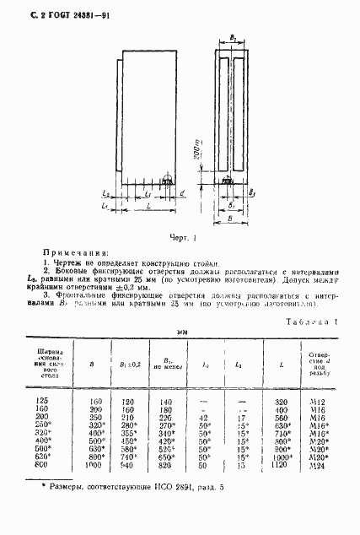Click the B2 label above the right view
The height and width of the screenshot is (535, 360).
234,40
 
